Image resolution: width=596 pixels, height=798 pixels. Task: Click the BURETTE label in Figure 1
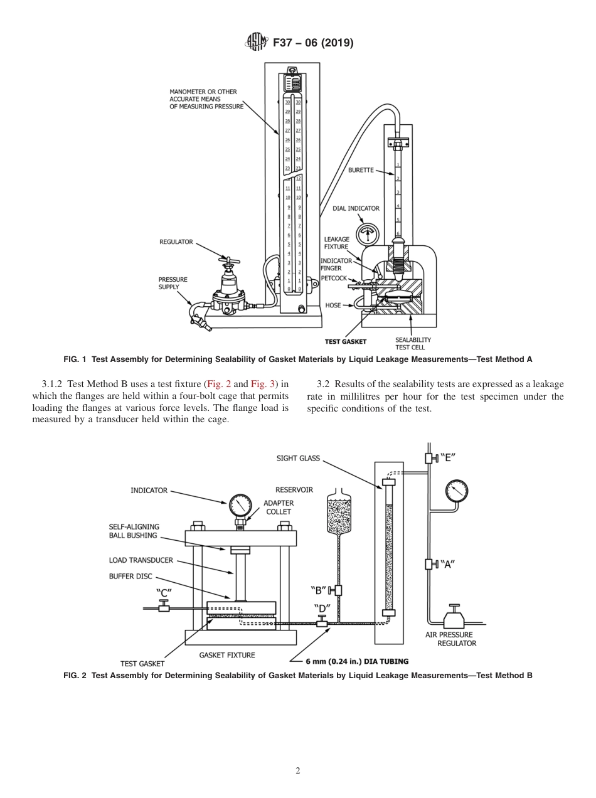(361, 170)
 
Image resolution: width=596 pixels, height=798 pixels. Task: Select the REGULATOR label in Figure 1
(176, 242)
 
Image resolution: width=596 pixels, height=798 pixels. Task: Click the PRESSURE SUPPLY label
(173, 283)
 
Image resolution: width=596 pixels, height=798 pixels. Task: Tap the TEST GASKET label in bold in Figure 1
(345, 342)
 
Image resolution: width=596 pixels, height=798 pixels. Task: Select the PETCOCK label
(334, 278)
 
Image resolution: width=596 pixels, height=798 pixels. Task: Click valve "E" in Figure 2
(432, 459)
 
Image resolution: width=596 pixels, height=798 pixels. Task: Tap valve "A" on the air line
(432, 564)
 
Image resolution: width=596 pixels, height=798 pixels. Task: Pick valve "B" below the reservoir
(338, 590)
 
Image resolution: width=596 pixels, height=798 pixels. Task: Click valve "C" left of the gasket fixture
(164, 607)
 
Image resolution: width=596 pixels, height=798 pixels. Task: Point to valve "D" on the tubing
(322, 622)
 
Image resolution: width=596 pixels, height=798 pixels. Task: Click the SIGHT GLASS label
(298, 459)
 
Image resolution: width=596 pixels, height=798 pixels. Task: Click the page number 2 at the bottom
(298, 770)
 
